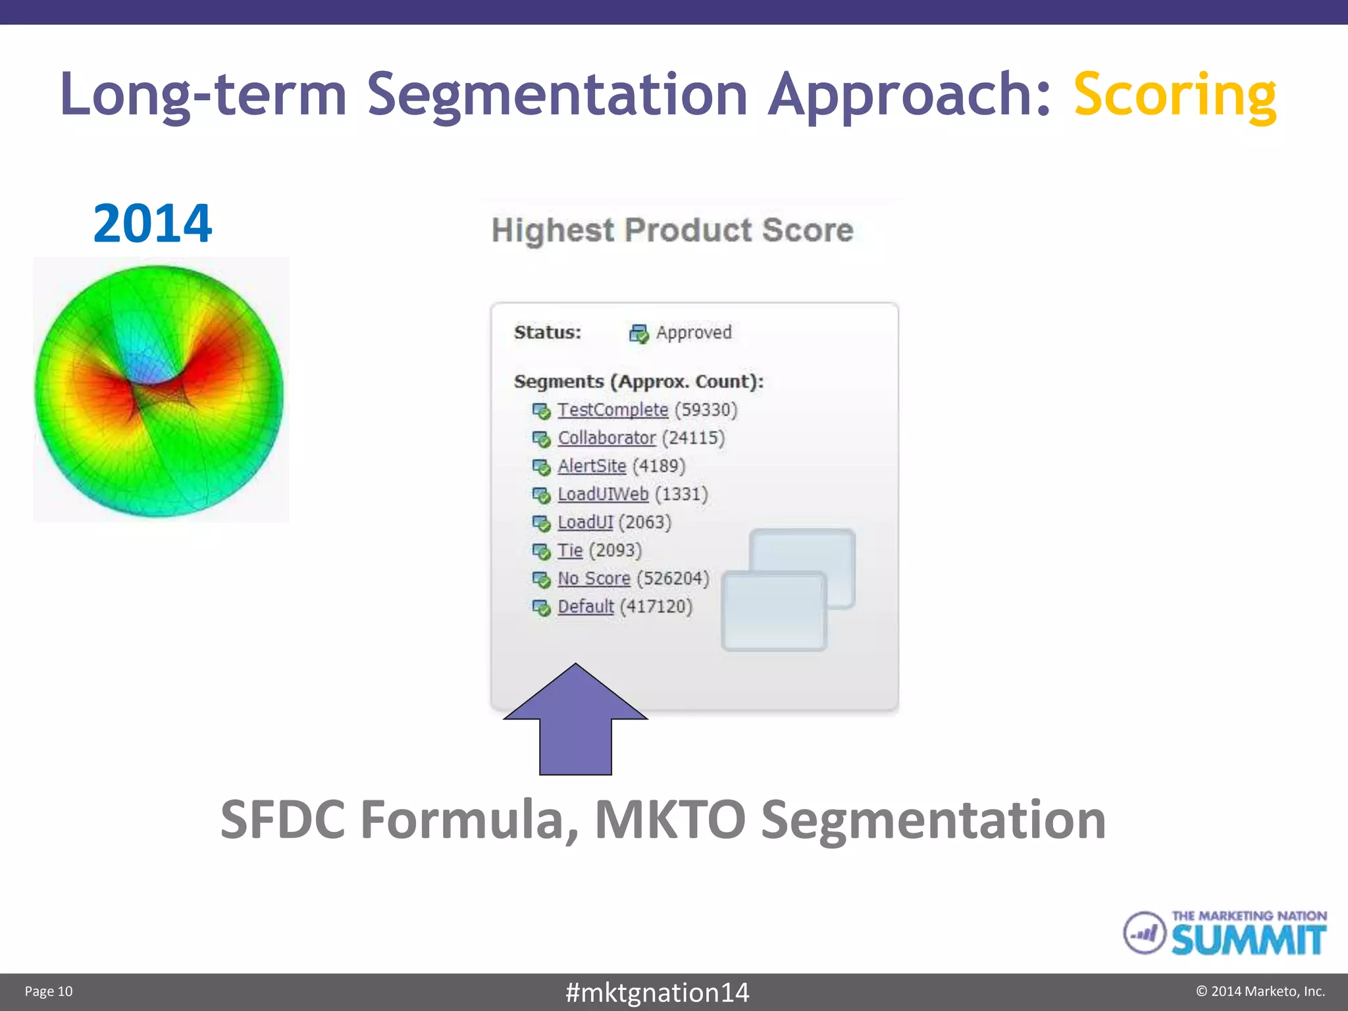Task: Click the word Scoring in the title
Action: click(1174, 96)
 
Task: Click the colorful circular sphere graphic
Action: click(159, 391)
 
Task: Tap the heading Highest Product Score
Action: click(672, 230)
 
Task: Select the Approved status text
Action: click(694, 333)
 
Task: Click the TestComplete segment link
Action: click(613, 410)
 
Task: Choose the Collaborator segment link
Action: click(606, 438)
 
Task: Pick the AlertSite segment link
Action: click(592, 467)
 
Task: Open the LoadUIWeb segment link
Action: click(603, 494)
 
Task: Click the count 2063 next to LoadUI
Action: click(645, 523)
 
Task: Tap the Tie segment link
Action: click(570, 551)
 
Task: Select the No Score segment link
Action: click(594, 579)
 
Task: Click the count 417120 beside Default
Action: click(656, 607)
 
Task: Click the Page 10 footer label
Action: click(49, 991)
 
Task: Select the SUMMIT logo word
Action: click(1248, 940)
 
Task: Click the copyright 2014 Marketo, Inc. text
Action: click(1260, 991)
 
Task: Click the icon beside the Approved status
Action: click(638, 334)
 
